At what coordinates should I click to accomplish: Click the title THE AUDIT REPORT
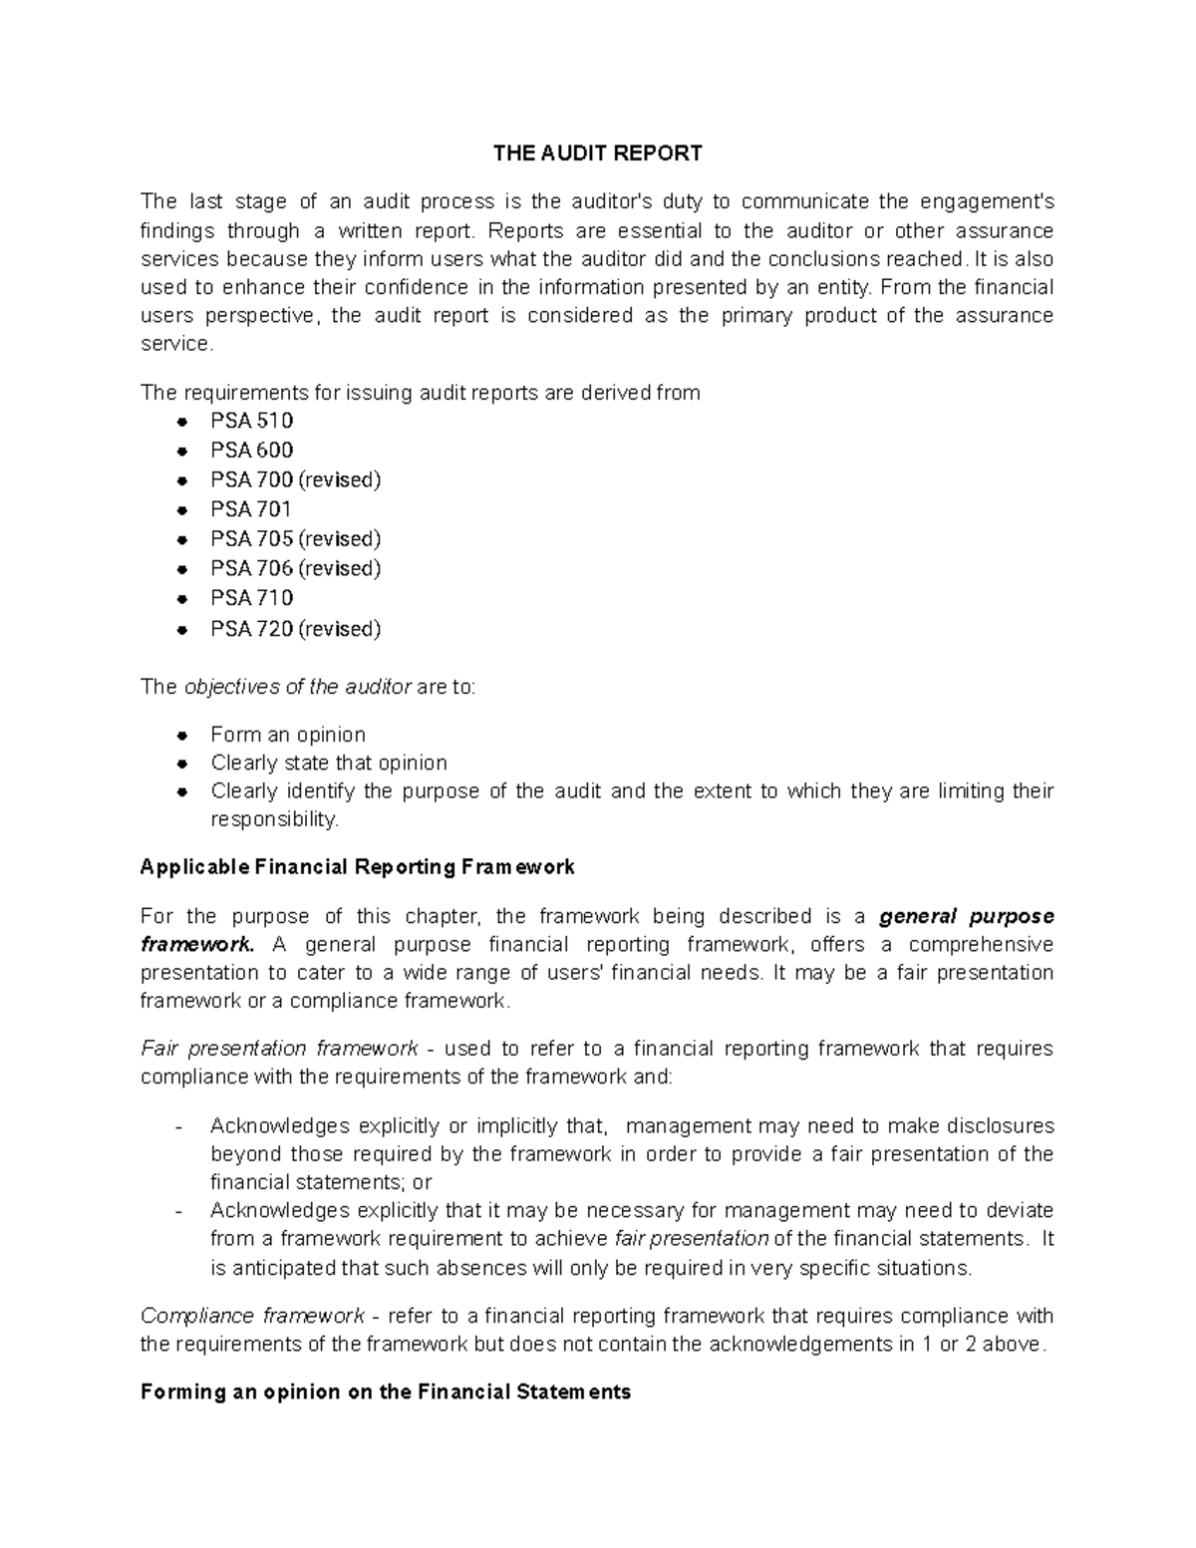click(x=598, y=154)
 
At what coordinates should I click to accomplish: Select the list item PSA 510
click(x=251, y=421)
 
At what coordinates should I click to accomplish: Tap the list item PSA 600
click(x=251, y=451)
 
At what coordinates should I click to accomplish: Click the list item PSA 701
click(x=251, y=509)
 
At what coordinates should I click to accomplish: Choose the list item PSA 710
click(x=251, y=598)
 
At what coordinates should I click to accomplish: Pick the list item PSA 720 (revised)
click(x=295, y=629)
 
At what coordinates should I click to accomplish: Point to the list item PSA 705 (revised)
click(x=295, y=539)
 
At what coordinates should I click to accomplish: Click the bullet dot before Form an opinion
click(x=181, y=736)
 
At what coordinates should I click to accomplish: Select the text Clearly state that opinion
click(x=329, y=764)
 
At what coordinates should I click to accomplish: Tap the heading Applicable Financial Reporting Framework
click(x=357, y=867)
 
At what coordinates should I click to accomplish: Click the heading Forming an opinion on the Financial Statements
click(x=386, y=1392)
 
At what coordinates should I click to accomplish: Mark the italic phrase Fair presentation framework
click(x=279, y=1049)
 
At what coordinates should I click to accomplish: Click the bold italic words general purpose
click(x=967, y=916)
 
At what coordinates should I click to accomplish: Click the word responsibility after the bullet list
click(x=273, y=819)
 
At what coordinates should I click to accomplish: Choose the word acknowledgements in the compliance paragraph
click(x=801, y=1344)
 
